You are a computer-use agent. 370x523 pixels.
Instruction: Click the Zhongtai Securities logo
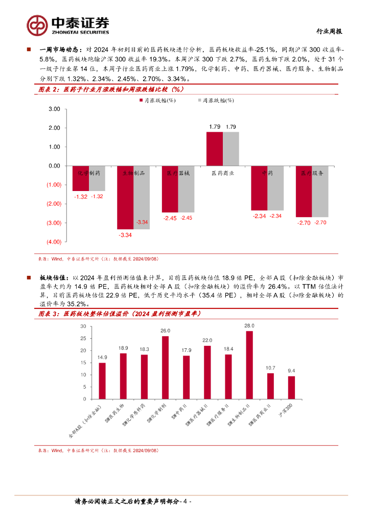pos(68,24)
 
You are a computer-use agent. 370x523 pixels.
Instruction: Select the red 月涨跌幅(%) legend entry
pos(158,101)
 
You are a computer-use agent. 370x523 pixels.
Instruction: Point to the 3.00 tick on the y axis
pos(54,109)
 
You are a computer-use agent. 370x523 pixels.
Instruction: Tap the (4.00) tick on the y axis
pos(53,242)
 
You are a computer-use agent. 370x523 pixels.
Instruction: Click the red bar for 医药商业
pos(214,149)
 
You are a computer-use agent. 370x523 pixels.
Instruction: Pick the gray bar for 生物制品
pos(142,197)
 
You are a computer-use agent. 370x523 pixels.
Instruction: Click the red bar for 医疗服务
pos(304,192)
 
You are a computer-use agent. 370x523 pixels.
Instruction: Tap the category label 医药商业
pos(222,173)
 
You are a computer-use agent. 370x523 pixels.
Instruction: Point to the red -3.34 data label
pos(125,235)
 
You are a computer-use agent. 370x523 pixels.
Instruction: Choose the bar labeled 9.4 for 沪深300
pos(291,388)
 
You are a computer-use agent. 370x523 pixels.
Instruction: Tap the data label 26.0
pos(165,331)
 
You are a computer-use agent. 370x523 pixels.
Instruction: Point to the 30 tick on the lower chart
pos(83,326)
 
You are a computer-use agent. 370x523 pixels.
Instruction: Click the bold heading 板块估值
pos(50,277)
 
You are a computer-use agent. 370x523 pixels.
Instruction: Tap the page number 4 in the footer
pos(187,501)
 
